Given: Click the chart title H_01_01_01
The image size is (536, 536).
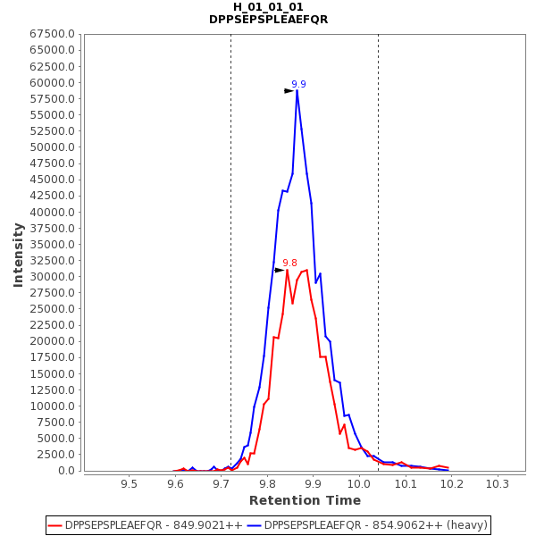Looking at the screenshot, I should [x=268, y=7].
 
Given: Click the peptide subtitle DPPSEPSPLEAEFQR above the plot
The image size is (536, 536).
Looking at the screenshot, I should [x=268, y=20].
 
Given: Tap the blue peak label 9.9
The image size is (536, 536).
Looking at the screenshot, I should [x=298, y=85].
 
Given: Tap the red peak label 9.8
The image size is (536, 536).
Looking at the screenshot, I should [x=289, y=264].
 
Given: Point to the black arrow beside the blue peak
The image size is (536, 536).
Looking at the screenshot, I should [x=289, y=91].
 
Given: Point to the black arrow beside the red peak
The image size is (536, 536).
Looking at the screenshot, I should [x=280, y=270].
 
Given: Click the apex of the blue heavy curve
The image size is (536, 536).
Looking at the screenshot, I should [x=297, y=90].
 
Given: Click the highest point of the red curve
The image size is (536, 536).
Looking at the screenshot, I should [x=287, y=269].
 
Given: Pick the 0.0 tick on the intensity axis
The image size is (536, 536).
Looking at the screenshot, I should [x=68, y=471].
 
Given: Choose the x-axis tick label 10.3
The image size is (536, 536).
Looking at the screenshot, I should [x=498, y=483].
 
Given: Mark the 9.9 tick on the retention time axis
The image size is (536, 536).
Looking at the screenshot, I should [x=313, y=483].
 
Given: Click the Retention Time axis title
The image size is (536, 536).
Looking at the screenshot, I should [x=305, y=500].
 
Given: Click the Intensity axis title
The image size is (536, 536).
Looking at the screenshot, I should [x=18, y=255].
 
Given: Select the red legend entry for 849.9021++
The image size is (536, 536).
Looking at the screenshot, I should [x=146, y=525].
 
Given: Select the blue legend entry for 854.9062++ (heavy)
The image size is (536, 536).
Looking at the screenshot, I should [x=367, y=525].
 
